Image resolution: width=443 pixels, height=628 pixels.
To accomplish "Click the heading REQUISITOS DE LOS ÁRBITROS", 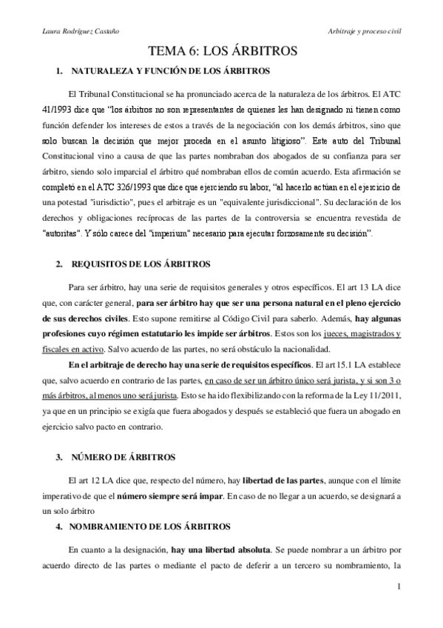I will click(141, 264).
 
